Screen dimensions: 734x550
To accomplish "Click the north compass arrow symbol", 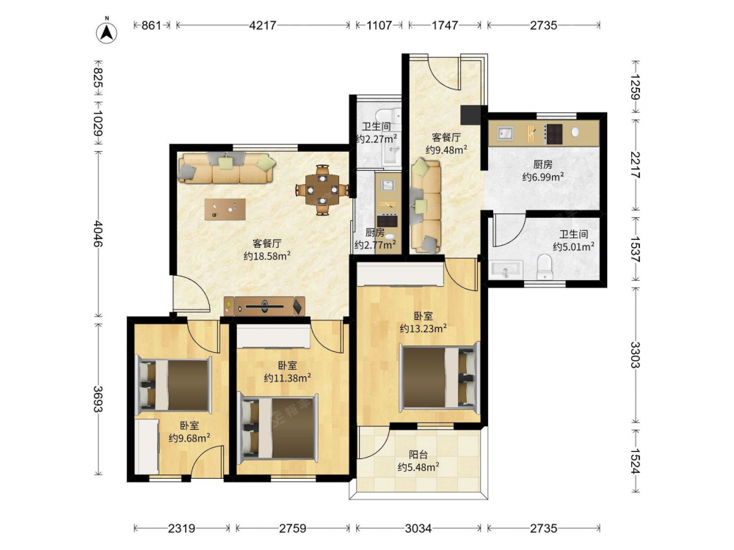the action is pos(106,32).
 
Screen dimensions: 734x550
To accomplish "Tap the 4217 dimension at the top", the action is pos(263,25).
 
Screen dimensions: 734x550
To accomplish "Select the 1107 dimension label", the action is pos(379,25).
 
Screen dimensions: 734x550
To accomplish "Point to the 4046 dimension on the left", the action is pos(98,233).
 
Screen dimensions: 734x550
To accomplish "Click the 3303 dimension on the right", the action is pos(635,355).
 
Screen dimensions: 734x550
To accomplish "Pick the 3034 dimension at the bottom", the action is pos(418,529).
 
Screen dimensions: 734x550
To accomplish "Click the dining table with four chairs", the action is pos(322,190).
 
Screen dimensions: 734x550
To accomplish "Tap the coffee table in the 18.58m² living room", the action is pos(225,209).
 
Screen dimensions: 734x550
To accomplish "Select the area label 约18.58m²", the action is pos(267,256).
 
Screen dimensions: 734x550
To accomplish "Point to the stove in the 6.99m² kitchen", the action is pos(554,133).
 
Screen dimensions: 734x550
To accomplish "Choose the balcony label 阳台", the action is pos(418,454).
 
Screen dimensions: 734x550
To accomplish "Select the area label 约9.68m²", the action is pos(189,439).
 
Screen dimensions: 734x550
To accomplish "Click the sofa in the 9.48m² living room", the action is pos(426,206).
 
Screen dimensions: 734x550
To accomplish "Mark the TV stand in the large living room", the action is pos(264,307).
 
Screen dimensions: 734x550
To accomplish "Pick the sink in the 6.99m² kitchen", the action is pos(505,133).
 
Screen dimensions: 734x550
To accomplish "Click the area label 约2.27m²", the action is pos(377,139).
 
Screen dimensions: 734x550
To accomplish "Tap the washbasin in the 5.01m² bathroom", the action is pos(506,270).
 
